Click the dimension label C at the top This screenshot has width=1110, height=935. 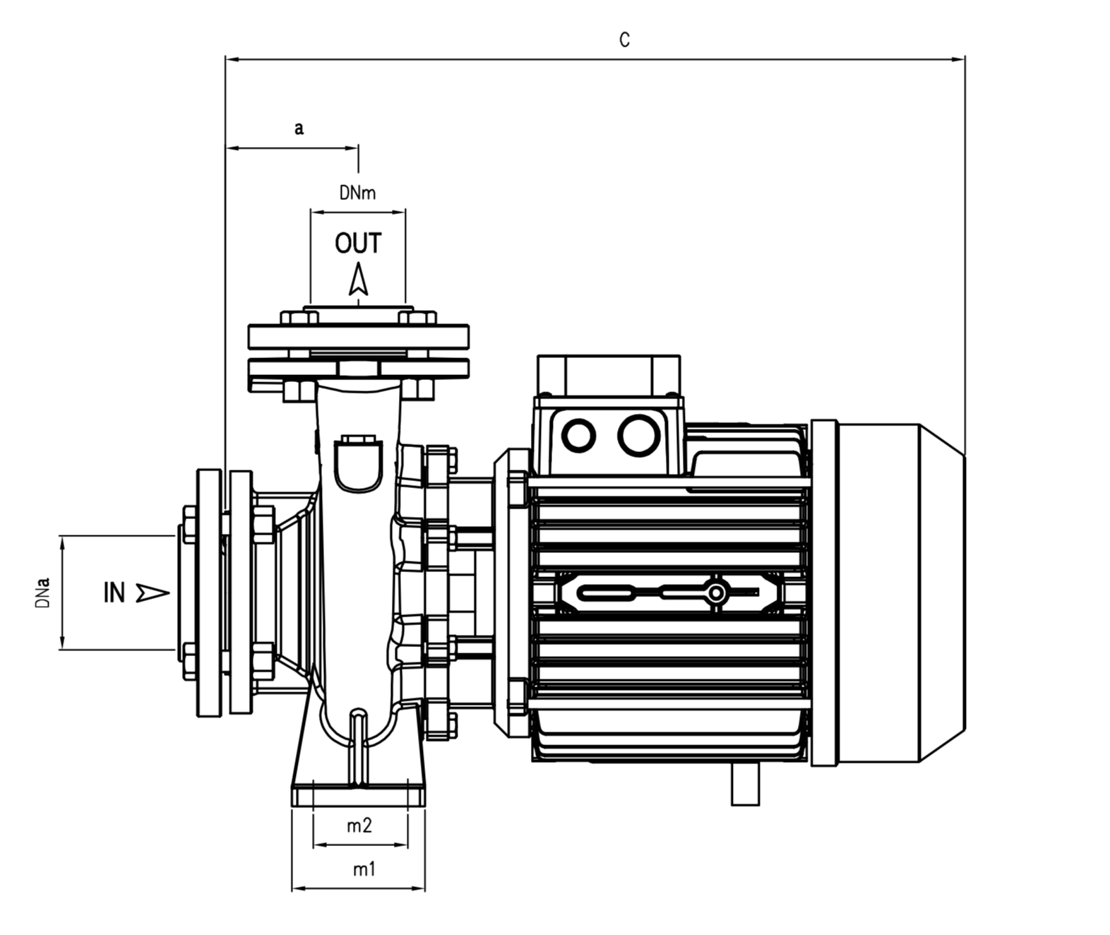coord(625,40)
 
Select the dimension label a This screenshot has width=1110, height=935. coord(299,129)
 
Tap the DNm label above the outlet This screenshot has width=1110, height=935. coord(358,193)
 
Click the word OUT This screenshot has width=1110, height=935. coord(358,243)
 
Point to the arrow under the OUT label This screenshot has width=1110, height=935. coord(358,279)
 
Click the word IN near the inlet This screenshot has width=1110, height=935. coord(114,592)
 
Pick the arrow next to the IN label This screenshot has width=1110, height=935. coord(153,592)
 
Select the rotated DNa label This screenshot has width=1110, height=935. coord(42,592)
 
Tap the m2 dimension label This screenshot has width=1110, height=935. coord(359,826)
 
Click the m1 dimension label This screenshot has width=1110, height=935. coord(364,869)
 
